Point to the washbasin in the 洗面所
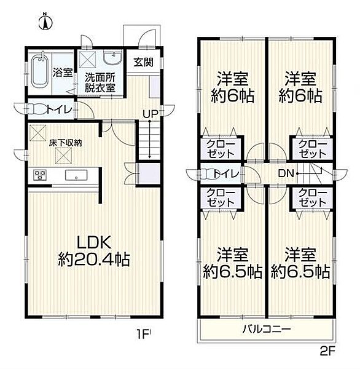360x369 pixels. (x=112, y=58)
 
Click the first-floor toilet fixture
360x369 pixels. (x=41, y=109)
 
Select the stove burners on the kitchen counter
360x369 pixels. (x=41, y=175)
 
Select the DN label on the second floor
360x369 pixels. (x=287, y=173)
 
